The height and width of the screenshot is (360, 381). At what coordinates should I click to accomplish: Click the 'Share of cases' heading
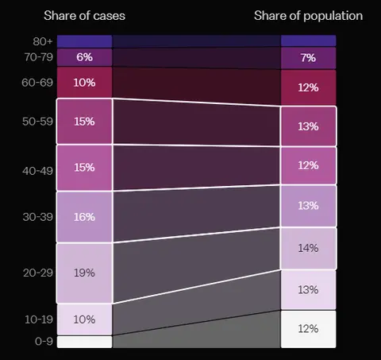(84, 16)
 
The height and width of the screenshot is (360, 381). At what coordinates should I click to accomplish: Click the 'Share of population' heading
(308, 16)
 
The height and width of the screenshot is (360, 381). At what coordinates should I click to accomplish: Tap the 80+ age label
(43, 41)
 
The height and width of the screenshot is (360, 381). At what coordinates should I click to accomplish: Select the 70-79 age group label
(39, 57)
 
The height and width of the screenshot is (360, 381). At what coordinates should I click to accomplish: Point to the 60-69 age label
(37, 83)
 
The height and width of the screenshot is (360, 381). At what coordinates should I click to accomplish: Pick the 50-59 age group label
(37, 122)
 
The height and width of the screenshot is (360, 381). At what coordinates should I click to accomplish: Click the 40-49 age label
(37, 171)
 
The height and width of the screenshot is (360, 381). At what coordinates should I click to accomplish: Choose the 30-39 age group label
(37, 217)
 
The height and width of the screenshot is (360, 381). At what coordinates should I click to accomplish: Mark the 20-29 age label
(38, 273)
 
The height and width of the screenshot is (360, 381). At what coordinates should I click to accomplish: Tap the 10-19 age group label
(39, 319)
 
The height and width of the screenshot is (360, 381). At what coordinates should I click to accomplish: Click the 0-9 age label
(44, 341)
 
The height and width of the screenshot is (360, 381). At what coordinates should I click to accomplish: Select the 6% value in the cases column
(84, 57)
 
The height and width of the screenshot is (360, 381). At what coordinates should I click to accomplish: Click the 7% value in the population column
(308, 58)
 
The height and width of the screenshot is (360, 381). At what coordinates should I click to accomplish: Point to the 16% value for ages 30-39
(84, 217)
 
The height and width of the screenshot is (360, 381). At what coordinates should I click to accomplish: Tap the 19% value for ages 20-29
(84, 273)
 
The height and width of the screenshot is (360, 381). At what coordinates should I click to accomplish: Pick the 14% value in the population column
(308, 248)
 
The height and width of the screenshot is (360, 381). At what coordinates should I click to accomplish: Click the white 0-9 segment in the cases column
(84, 342)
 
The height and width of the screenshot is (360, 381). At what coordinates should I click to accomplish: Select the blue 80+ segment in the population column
(308, 41)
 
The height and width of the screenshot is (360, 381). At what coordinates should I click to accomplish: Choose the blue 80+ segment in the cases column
(84, 41)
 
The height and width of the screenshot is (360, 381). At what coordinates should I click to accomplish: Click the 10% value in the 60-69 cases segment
(84, 83)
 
